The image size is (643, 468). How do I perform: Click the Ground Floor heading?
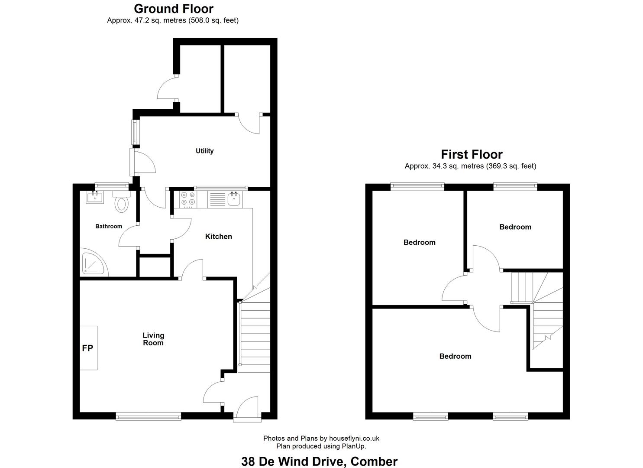(x=174, y=9)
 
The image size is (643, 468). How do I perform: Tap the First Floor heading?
(x=472, y=155)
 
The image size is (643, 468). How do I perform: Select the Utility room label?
(x=204, y=151)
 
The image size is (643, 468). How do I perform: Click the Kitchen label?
(x=219, y=237)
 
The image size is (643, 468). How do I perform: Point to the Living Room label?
(x=153, y=339)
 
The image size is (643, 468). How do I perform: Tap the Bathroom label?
(x=109, y=226)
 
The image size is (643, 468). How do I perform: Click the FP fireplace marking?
(x=87, y=348)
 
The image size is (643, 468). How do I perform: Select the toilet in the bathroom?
(x=122, y=201)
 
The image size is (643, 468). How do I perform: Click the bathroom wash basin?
(x=95, y=197)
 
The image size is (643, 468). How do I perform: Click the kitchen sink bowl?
(x=234, y=199)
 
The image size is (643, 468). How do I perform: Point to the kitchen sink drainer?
(x=217, y=199)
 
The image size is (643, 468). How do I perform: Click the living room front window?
(x=149, y=416)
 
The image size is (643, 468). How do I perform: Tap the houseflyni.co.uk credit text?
(x=354, y=438)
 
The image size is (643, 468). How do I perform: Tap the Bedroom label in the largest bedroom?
(x=455, y=356)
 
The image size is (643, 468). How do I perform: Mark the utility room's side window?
(x=134, y=132)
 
